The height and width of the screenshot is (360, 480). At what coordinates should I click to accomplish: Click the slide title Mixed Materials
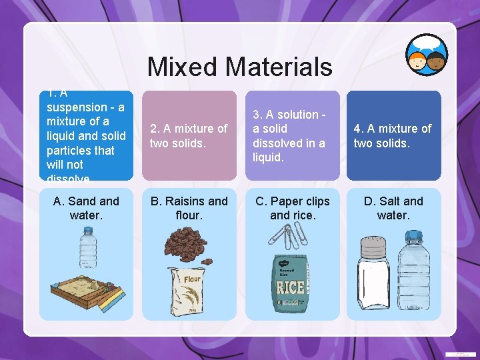(x=239, y=67)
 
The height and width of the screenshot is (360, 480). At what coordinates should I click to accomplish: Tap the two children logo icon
(x=427, y=55)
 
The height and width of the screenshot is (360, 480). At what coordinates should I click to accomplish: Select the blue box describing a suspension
(x=86, y=135)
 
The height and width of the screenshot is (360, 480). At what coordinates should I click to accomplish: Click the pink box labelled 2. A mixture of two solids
(x=189, y=135)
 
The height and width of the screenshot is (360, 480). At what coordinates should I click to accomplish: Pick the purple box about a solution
(x=292, y=135)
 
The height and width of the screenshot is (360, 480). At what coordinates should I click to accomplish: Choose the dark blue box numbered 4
(x=393, y=135)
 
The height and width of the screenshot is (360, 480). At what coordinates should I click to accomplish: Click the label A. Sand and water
(x=86, y=208)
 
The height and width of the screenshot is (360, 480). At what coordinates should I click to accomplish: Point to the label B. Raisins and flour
(x=189, y=208)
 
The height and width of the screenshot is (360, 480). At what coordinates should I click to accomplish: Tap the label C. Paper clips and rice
(x=291, y=208)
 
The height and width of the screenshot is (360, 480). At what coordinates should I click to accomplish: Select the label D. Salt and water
(x=393, y=208)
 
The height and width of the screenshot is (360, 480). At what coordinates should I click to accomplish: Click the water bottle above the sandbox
(x=88, y=249)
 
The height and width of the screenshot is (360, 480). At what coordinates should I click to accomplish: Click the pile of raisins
(x=188, y=245)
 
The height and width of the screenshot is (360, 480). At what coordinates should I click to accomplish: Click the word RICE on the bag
(x=291, y=288)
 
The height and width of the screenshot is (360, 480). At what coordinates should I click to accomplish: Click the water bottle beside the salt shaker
(x=413, y=273)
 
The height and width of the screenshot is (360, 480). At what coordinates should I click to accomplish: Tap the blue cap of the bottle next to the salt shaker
(x=414, y=236)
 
